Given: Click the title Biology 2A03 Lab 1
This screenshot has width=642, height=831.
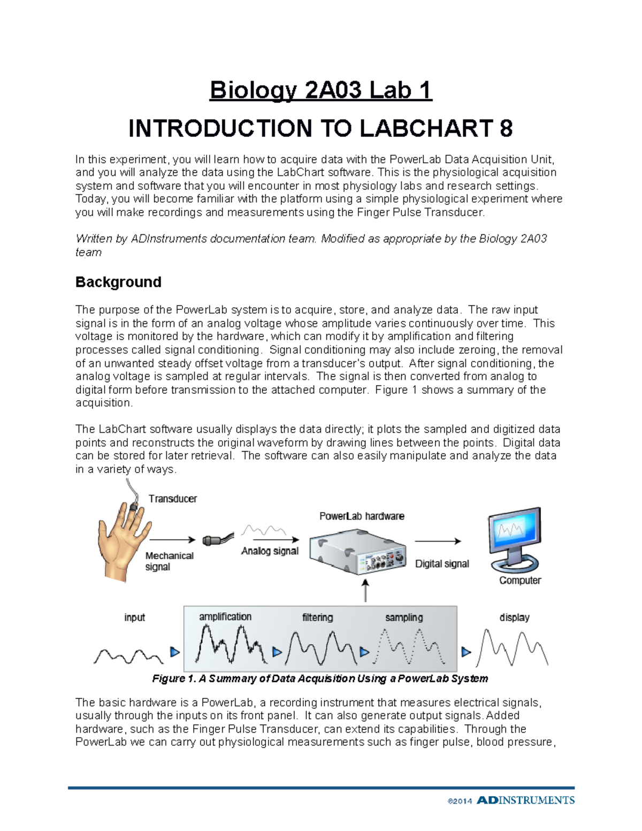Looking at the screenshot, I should coord(320,90).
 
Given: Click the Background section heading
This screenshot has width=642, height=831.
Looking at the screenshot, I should coord(118,282).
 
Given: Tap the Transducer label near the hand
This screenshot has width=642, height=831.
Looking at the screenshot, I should coord(172,499).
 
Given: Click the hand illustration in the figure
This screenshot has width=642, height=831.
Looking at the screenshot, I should coord(119,540).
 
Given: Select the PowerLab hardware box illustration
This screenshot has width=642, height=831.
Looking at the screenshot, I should coord(357,551).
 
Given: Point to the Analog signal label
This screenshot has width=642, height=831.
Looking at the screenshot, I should coord(270,551).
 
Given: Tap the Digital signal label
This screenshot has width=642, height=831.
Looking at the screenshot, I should coord(442,564).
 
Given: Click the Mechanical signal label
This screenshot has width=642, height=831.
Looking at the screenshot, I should coord(169,561).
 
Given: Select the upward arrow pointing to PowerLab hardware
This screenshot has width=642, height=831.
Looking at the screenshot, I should coord(365,590).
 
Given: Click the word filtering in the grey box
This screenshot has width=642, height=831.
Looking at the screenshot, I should coord(317,617).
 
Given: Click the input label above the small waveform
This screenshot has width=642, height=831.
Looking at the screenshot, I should coord(134,617).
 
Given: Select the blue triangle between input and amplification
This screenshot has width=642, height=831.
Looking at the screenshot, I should coord(174,652).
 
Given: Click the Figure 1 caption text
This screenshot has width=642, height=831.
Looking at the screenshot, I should coord(320,678).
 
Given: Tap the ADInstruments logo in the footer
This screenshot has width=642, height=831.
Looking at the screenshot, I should coord(525,800).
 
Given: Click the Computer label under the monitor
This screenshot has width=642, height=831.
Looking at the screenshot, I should coord(520,581).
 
